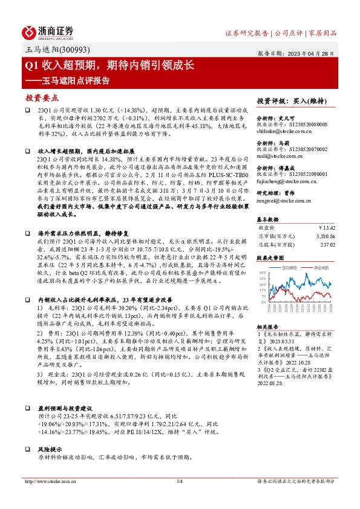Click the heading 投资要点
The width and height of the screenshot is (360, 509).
click(x=42, y=97)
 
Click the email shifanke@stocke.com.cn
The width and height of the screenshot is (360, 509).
click(x=283, y=129)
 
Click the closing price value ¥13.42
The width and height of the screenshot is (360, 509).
click(x=326, y=228)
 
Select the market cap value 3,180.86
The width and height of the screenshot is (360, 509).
click(x=323, y=236)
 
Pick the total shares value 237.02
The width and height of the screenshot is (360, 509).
click(x=327, y=245)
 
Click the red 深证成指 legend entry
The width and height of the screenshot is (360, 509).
click(x=319, y=265)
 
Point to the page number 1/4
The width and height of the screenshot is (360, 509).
click(x=179, y=498)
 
